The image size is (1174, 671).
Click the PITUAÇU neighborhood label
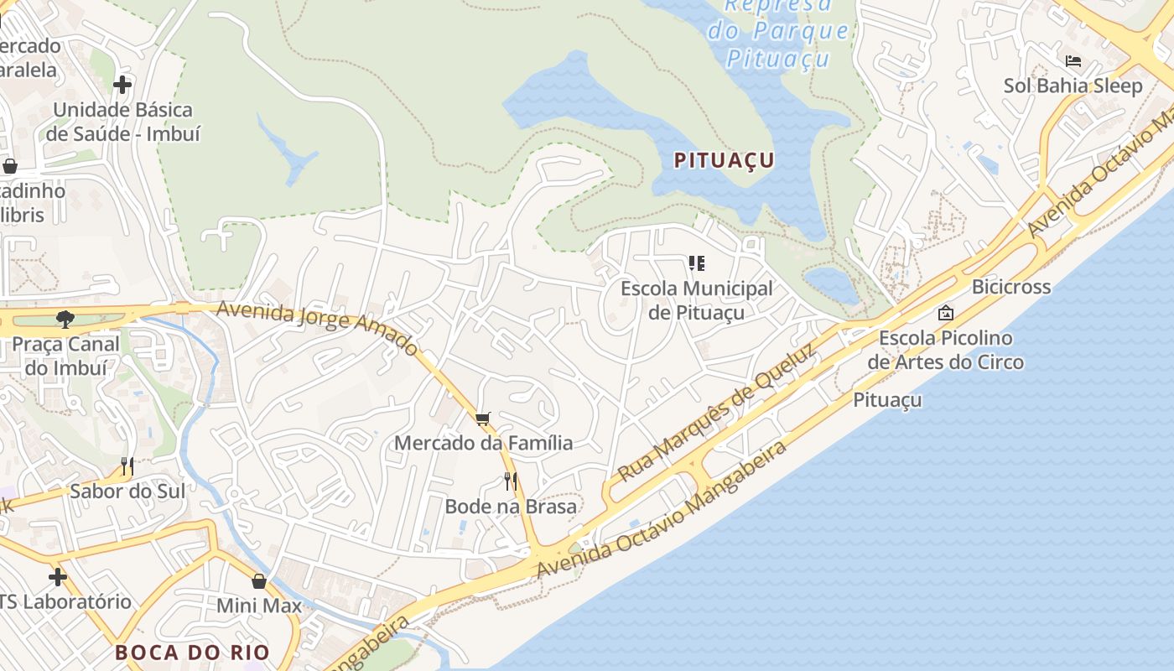[x=725, y=160]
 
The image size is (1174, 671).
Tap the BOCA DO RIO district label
[x=192, y=653]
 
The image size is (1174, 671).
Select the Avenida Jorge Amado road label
[x=317, y=326]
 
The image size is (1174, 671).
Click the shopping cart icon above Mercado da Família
[x=482, y=419]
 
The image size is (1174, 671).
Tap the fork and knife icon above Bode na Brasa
[x=510, y=481]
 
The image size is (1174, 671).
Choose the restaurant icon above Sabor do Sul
[x=127, y=466]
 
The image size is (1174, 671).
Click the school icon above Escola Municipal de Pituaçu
[x=696, y=264]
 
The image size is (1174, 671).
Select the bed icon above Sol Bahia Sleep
[x=1073, y=61]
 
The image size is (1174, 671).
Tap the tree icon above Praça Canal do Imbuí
[x=65, y=319]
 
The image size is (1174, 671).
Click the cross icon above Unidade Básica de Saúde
[x=122, y=85]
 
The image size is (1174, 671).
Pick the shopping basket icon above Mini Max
[x=259, y=580]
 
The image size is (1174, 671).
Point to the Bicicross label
[x=1010, y=287]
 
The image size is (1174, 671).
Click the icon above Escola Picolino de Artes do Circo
[x=946, y=313]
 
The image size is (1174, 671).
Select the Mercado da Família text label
[x=483, y=443]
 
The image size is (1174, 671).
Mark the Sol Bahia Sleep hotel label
[x=1073, y=86]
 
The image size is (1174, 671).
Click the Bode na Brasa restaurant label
[x=511, y=507]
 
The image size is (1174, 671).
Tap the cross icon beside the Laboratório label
[x=57, y=577]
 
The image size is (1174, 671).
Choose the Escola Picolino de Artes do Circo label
[x=945, y=350]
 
